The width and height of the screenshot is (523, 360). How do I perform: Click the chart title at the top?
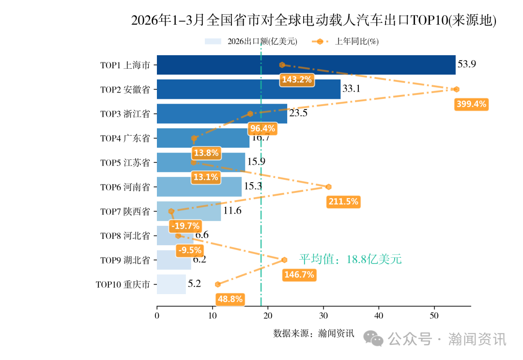pyautogui.click(x=314, y=21)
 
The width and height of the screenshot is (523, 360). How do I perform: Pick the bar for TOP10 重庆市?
pyautogui.click(x=171, y=284)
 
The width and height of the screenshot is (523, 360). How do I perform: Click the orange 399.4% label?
pyautogui.click(x=471, y=104)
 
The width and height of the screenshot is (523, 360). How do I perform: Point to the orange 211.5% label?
pyautogui.click(x=343, y=202)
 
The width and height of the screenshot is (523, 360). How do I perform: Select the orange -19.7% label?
pyautogui.click(x=185, y=226)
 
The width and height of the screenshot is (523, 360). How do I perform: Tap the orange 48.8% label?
pyautogui.click(x=230, y=299)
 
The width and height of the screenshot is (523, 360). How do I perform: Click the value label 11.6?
pyautogui.click(x=232, y=211)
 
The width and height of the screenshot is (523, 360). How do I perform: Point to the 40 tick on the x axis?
pyautogui.click(x=379, y=316)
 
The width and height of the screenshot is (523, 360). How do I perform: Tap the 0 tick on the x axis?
pyautogui.click(x=157, y=316)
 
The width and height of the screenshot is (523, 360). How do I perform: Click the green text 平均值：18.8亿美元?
pyautogui.click(x=350, y=259)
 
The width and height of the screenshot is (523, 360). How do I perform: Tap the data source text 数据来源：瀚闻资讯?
pyautogui.click(x=314, y=333)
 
